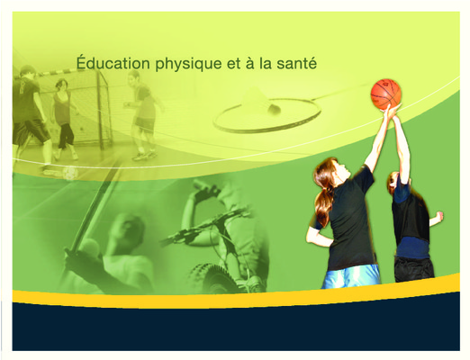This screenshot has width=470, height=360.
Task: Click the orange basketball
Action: coord(386,94)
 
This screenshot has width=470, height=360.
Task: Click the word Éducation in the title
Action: coord(113,63)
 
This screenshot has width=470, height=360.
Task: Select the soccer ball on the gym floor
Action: coord(71,174)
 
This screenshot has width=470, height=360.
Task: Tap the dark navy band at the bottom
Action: coord(236,327)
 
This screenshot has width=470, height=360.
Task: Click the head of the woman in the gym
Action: coord(61,85)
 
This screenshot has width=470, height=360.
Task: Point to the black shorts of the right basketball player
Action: coord(413,268)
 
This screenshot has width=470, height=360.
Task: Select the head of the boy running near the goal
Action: coord(134,77)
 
